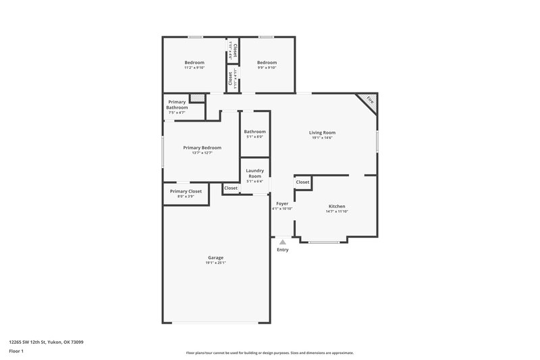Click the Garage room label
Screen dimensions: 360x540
point(215,257)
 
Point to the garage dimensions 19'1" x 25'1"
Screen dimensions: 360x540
point(215,263)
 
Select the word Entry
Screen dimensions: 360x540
point(282,250)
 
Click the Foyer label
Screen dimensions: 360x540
point(282,203)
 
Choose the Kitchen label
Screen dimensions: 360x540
point(337,206)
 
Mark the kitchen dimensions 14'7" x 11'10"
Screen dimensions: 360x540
point(337,211)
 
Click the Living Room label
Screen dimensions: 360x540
point(323,132)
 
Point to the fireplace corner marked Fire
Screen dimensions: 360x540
point(369,101)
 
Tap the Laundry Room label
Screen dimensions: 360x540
point(254,174)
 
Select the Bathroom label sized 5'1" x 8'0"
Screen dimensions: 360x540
point(254,132)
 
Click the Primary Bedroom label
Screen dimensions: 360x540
point(202,147)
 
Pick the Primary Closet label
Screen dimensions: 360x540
point(186,191)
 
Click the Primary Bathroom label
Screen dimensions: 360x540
point(177,105)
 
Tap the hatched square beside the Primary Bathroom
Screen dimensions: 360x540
point(196,99)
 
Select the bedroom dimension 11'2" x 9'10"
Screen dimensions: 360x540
point(194,68)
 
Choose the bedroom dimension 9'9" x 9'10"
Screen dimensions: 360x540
point(267,68)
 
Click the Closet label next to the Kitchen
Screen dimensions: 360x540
point(302,182)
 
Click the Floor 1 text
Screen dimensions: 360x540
point(16,352)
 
